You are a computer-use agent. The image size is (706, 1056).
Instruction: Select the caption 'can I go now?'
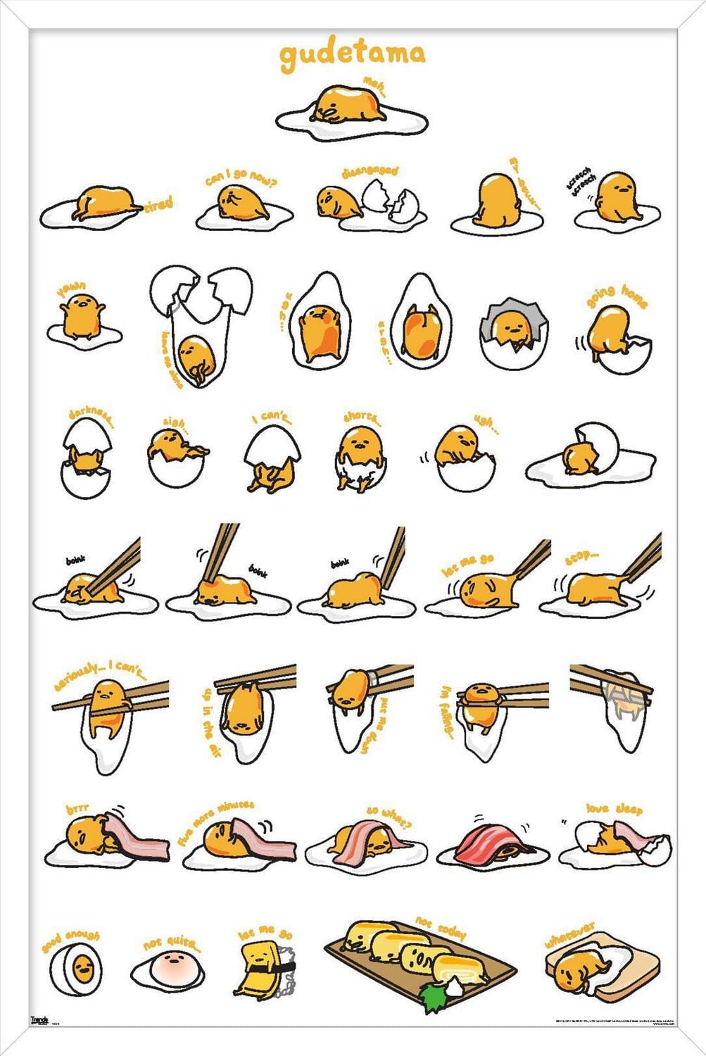(241, 176)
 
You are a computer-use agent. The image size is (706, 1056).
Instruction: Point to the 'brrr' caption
(77, 810)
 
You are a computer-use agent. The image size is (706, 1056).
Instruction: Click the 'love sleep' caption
(614, 809)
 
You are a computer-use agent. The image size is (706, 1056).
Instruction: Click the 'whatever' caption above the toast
(569, 934)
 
